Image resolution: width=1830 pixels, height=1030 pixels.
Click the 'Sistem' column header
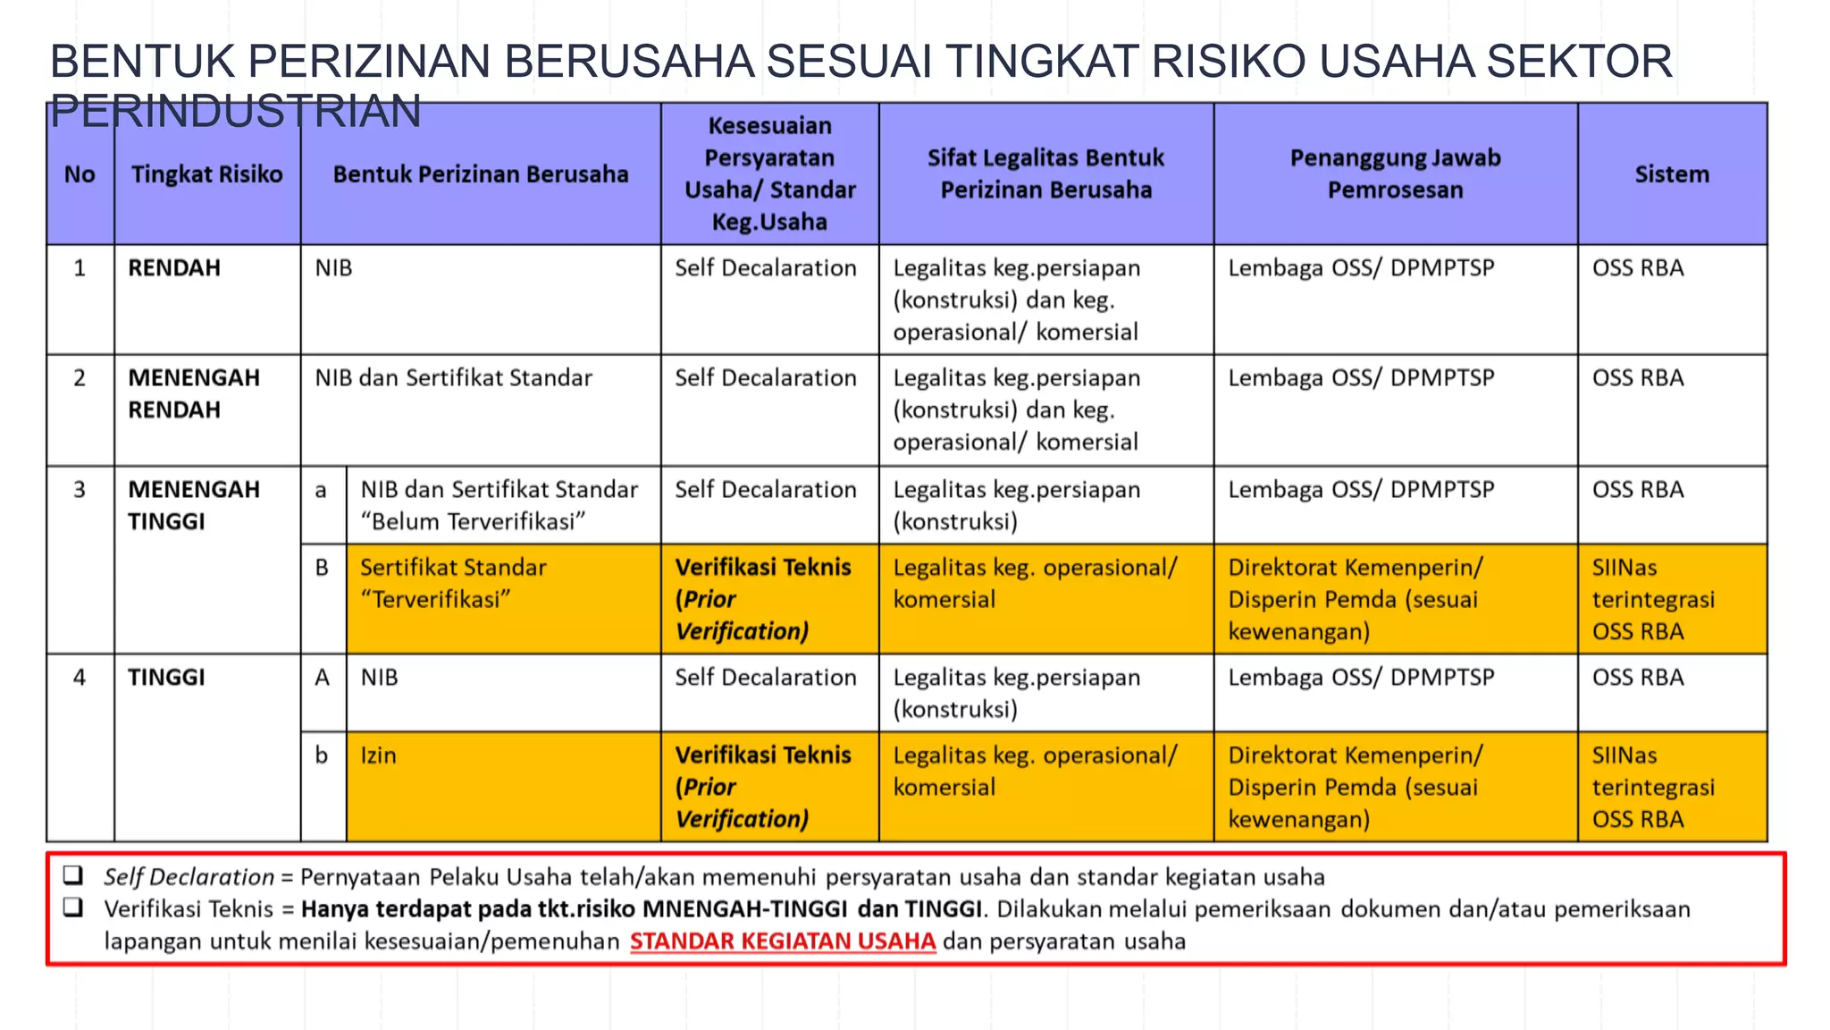pos(1671,174)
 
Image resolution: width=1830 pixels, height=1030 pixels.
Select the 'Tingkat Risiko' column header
pos(206,174)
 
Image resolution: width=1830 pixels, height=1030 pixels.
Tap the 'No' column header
pos(80,174)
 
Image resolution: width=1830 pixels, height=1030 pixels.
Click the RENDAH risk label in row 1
pos(174,268)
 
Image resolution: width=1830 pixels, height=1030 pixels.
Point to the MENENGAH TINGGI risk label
pos(194,505)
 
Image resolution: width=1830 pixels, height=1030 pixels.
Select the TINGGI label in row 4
pos(166,678)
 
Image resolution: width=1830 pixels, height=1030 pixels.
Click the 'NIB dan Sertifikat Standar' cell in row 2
pos(453,378)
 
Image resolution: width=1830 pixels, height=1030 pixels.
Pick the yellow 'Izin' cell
pos(379,756)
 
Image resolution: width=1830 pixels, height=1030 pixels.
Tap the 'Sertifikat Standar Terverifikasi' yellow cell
pos(453,583)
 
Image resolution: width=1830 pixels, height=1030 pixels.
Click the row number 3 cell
pos(80,490)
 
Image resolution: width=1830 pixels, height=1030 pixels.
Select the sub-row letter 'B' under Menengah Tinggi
pos(323,568)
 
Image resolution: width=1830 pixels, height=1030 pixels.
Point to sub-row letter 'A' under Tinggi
pos(323,678)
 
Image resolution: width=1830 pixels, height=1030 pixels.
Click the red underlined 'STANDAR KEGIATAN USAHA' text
pos(783,941)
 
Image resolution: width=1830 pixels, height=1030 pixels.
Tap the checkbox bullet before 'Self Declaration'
pos(73,875)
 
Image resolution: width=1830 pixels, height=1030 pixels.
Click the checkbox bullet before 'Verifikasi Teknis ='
pos(73,908)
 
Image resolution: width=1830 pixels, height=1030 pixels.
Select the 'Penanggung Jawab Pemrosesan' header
pos(1395,173)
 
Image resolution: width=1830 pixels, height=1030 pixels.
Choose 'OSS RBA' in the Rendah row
pos(1638,268)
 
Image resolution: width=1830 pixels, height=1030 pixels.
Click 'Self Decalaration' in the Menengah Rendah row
pos(766,378)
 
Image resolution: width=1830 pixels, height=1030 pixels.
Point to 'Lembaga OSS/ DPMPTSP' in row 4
pos(1361,678)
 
